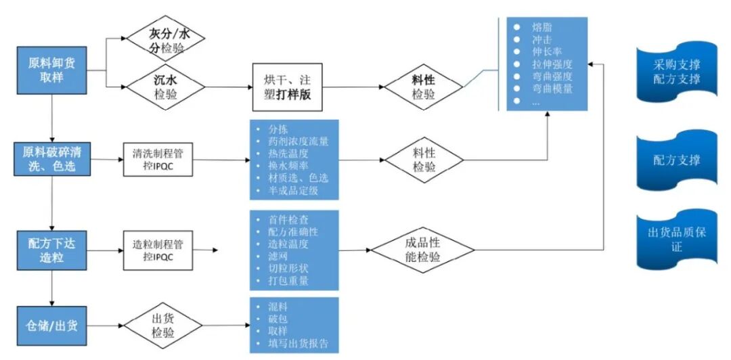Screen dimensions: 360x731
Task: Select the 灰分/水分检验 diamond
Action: pyautogui.click(x=166, y=39)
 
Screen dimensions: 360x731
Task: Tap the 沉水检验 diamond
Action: pyautogui.click(x=166, y=87)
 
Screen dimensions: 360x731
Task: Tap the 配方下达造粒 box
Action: pyautogui.click(x=51, y=250)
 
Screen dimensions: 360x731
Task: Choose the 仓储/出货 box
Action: pyautogui.click(x=51, y=325)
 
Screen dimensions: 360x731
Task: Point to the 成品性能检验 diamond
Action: pyautogui.click(x=424, y=250)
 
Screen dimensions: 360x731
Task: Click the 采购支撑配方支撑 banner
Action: pyautogui.click(x=677, y=72)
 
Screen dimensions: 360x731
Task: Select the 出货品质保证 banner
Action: pyautogui.click(x=677, y=240)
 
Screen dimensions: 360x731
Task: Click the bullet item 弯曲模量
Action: pyautogui.click(x=552, y=88)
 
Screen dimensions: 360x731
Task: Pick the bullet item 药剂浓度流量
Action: pyautogui.click(x=298, y=141)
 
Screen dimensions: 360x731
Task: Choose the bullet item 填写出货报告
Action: pyautogui.click(x=298, y=344)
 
